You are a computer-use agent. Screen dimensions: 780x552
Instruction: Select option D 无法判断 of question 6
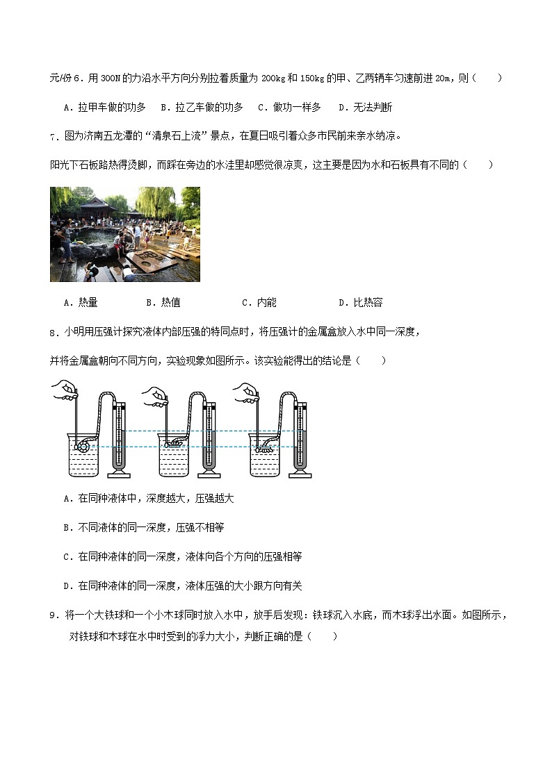coord(365,107)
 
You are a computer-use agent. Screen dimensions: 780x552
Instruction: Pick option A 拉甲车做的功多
coord(104,107)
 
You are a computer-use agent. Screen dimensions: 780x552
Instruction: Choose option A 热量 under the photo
coord(81,302)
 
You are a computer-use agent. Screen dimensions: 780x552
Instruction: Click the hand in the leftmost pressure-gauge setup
coord(67,388)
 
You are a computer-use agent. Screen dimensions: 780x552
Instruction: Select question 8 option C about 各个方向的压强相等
coord(182,557)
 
